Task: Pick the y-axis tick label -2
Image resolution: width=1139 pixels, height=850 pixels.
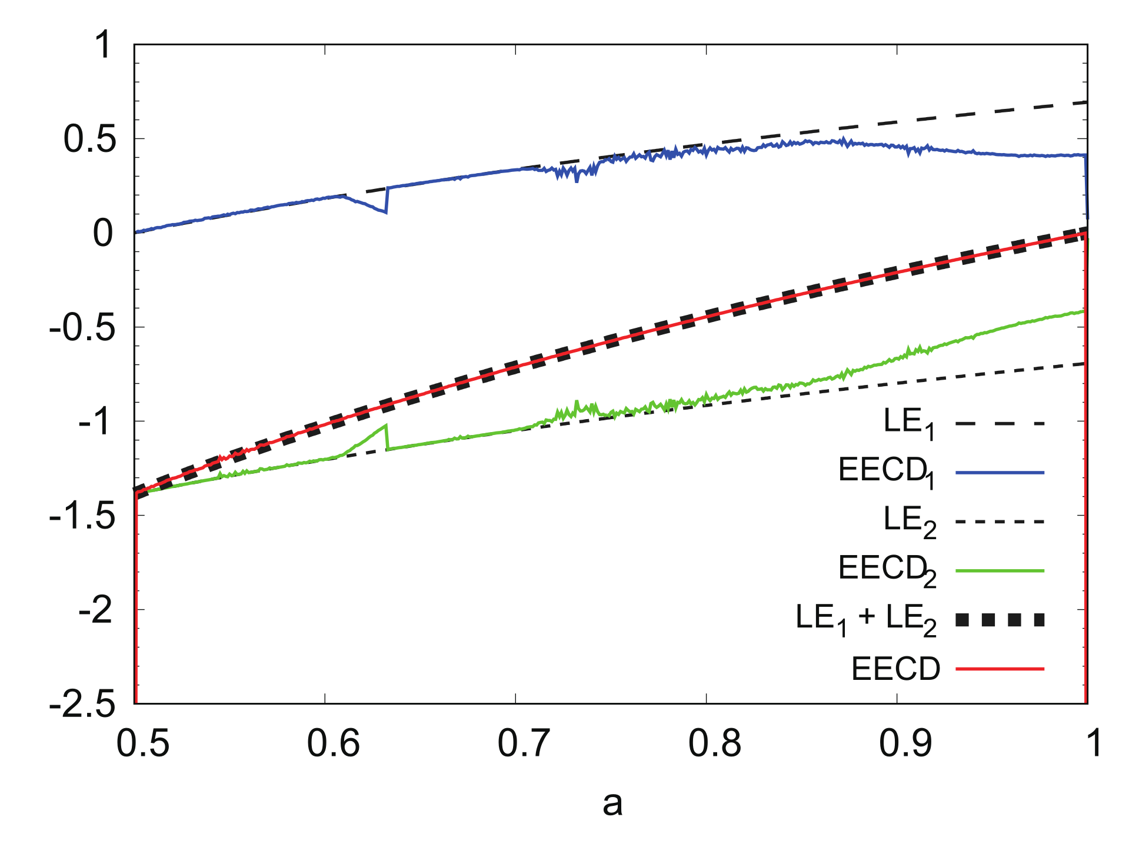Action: [95, 611]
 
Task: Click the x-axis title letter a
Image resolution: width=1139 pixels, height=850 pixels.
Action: [612, 804]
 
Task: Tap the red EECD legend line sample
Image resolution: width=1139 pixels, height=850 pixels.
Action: [1000, 669]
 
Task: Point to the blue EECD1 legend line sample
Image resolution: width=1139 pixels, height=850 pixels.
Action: [1000, 472]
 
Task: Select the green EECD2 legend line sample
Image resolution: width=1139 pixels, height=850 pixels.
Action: [1000, 570]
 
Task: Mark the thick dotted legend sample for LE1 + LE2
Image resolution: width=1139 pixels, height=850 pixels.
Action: [1000, 619]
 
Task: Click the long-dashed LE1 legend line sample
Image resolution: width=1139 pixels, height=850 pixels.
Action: [1000, 423]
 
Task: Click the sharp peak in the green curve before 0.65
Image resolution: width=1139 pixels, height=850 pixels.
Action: [386, 425]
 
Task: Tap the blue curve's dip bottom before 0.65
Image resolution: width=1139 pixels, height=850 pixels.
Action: [385, 212]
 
